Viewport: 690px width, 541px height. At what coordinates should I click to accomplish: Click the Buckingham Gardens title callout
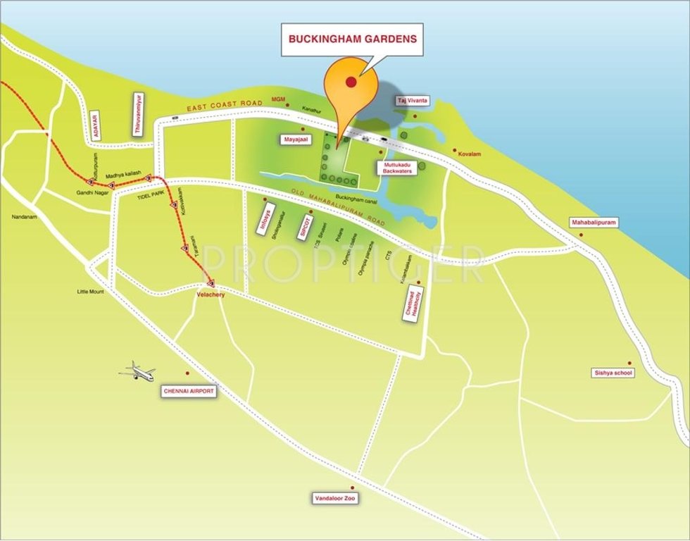[352, 39]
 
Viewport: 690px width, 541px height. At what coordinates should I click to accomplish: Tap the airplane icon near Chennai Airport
[137, 371]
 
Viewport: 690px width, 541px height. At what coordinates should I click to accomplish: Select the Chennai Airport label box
[189, 391]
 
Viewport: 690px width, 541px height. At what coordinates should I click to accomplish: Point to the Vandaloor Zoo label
[335, 498]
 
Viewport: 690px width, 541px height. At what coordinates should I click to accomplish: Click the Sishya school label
[613, 373]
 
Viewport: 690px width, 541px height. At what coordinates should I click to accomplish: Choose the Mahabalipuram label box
[594, 223]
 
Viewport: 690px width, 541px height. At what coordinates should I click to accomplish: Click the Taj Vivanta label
[412, 101]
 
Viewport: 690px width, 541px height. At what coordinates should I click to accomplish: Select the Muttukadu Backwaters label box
[397, 168]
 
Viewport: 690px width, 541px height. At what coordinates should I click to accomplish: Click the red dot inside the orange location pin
[350, 82]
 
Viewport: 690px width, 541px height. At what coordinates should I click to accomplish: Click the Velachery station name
[211, 294]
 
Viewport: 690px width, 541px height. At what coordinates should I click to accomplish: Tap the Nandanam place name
[23, 217]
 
